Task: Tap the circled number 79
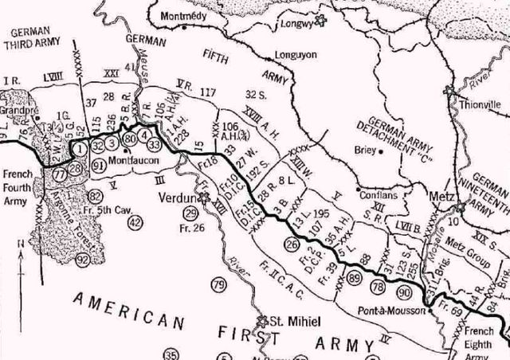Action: pyautogui.click(x=218, y=284)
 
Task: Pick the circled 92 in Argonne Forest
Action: pyautogui.click(x=83, y=260)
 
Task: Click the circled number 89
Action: pyautogui.click(x=355, y=277)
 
